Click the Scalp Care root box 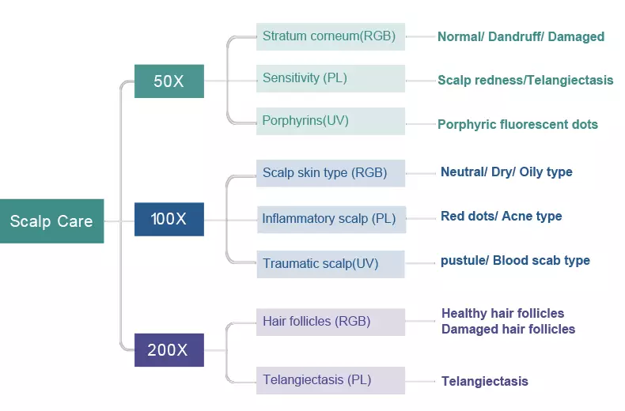click(51, 221)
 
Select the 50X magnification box click(169, 81)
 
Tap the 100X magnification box click(169, 219)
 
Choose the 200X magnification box click(169, 350)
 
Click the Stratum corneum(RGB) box click(331, 36)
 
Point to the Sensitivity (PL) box click(331, 78)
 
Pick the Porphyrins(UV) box click(331, 121)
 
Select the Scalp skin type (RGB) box click(331, 173)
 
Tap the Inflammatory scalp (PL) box click(331, 220)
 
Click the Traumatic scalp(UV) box click(331, 264)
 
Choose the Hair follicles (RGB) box click(331, 322)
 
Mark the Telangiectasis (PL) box click(331, 380)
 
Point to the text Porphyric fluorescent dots click(517, 124)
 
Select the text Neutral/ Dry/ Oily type click(506, 172)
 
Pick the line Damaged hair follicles click(508, 329)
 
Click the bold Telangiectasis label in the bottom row click(485, 381)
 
